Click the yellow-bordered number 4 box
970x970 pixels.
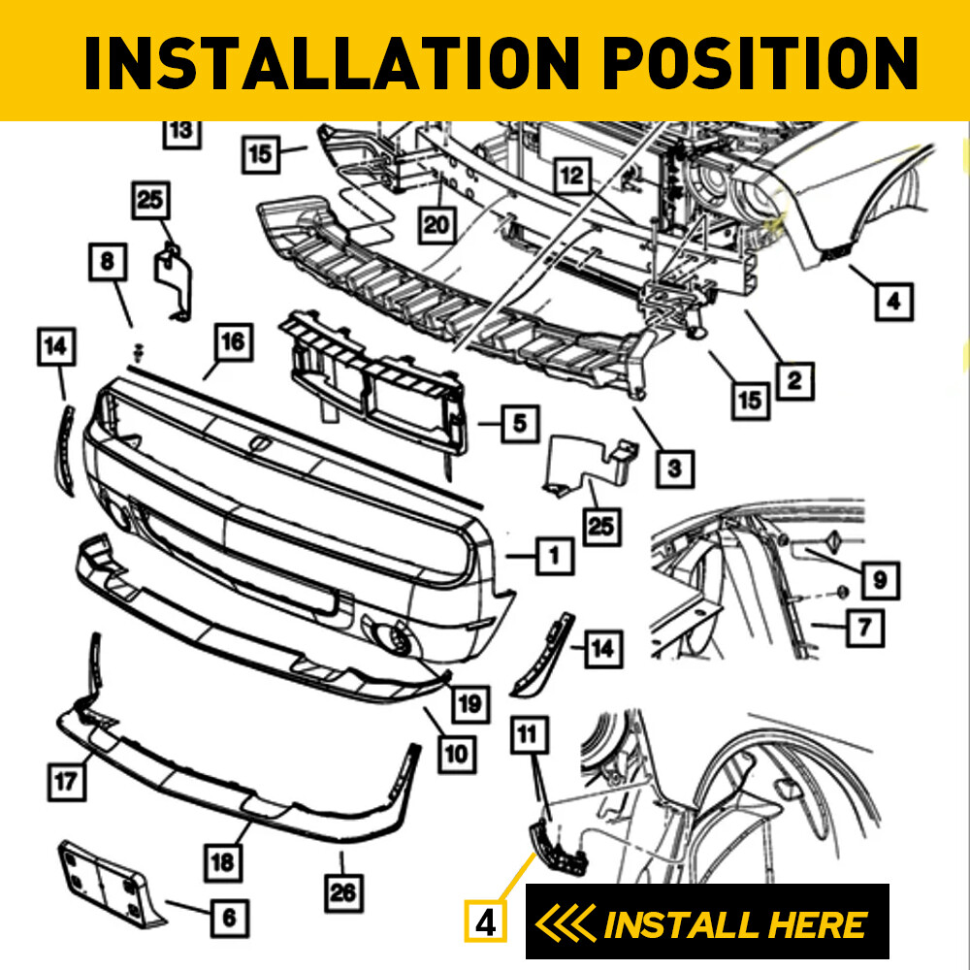[x=487, y=921]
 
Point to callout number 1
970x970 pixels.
[x=554, y=556]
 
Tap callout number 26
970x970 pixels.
[x=342, y=889]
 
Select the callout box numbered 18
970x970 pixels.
[x=224, y=859]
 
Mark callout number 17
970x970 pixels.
[x=66, y=782]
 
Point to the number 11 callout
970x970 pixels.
[x=528, y=736]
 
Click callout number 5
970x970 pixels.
[x=520, y=423]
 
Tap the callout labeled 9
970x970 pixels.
[x=879, y=579]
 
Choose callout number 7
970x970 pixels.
[x=864, y=629]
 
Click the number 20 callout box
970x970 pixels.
[x=438, y=225]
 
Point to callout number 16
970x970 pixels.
[x=232, y=342]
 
